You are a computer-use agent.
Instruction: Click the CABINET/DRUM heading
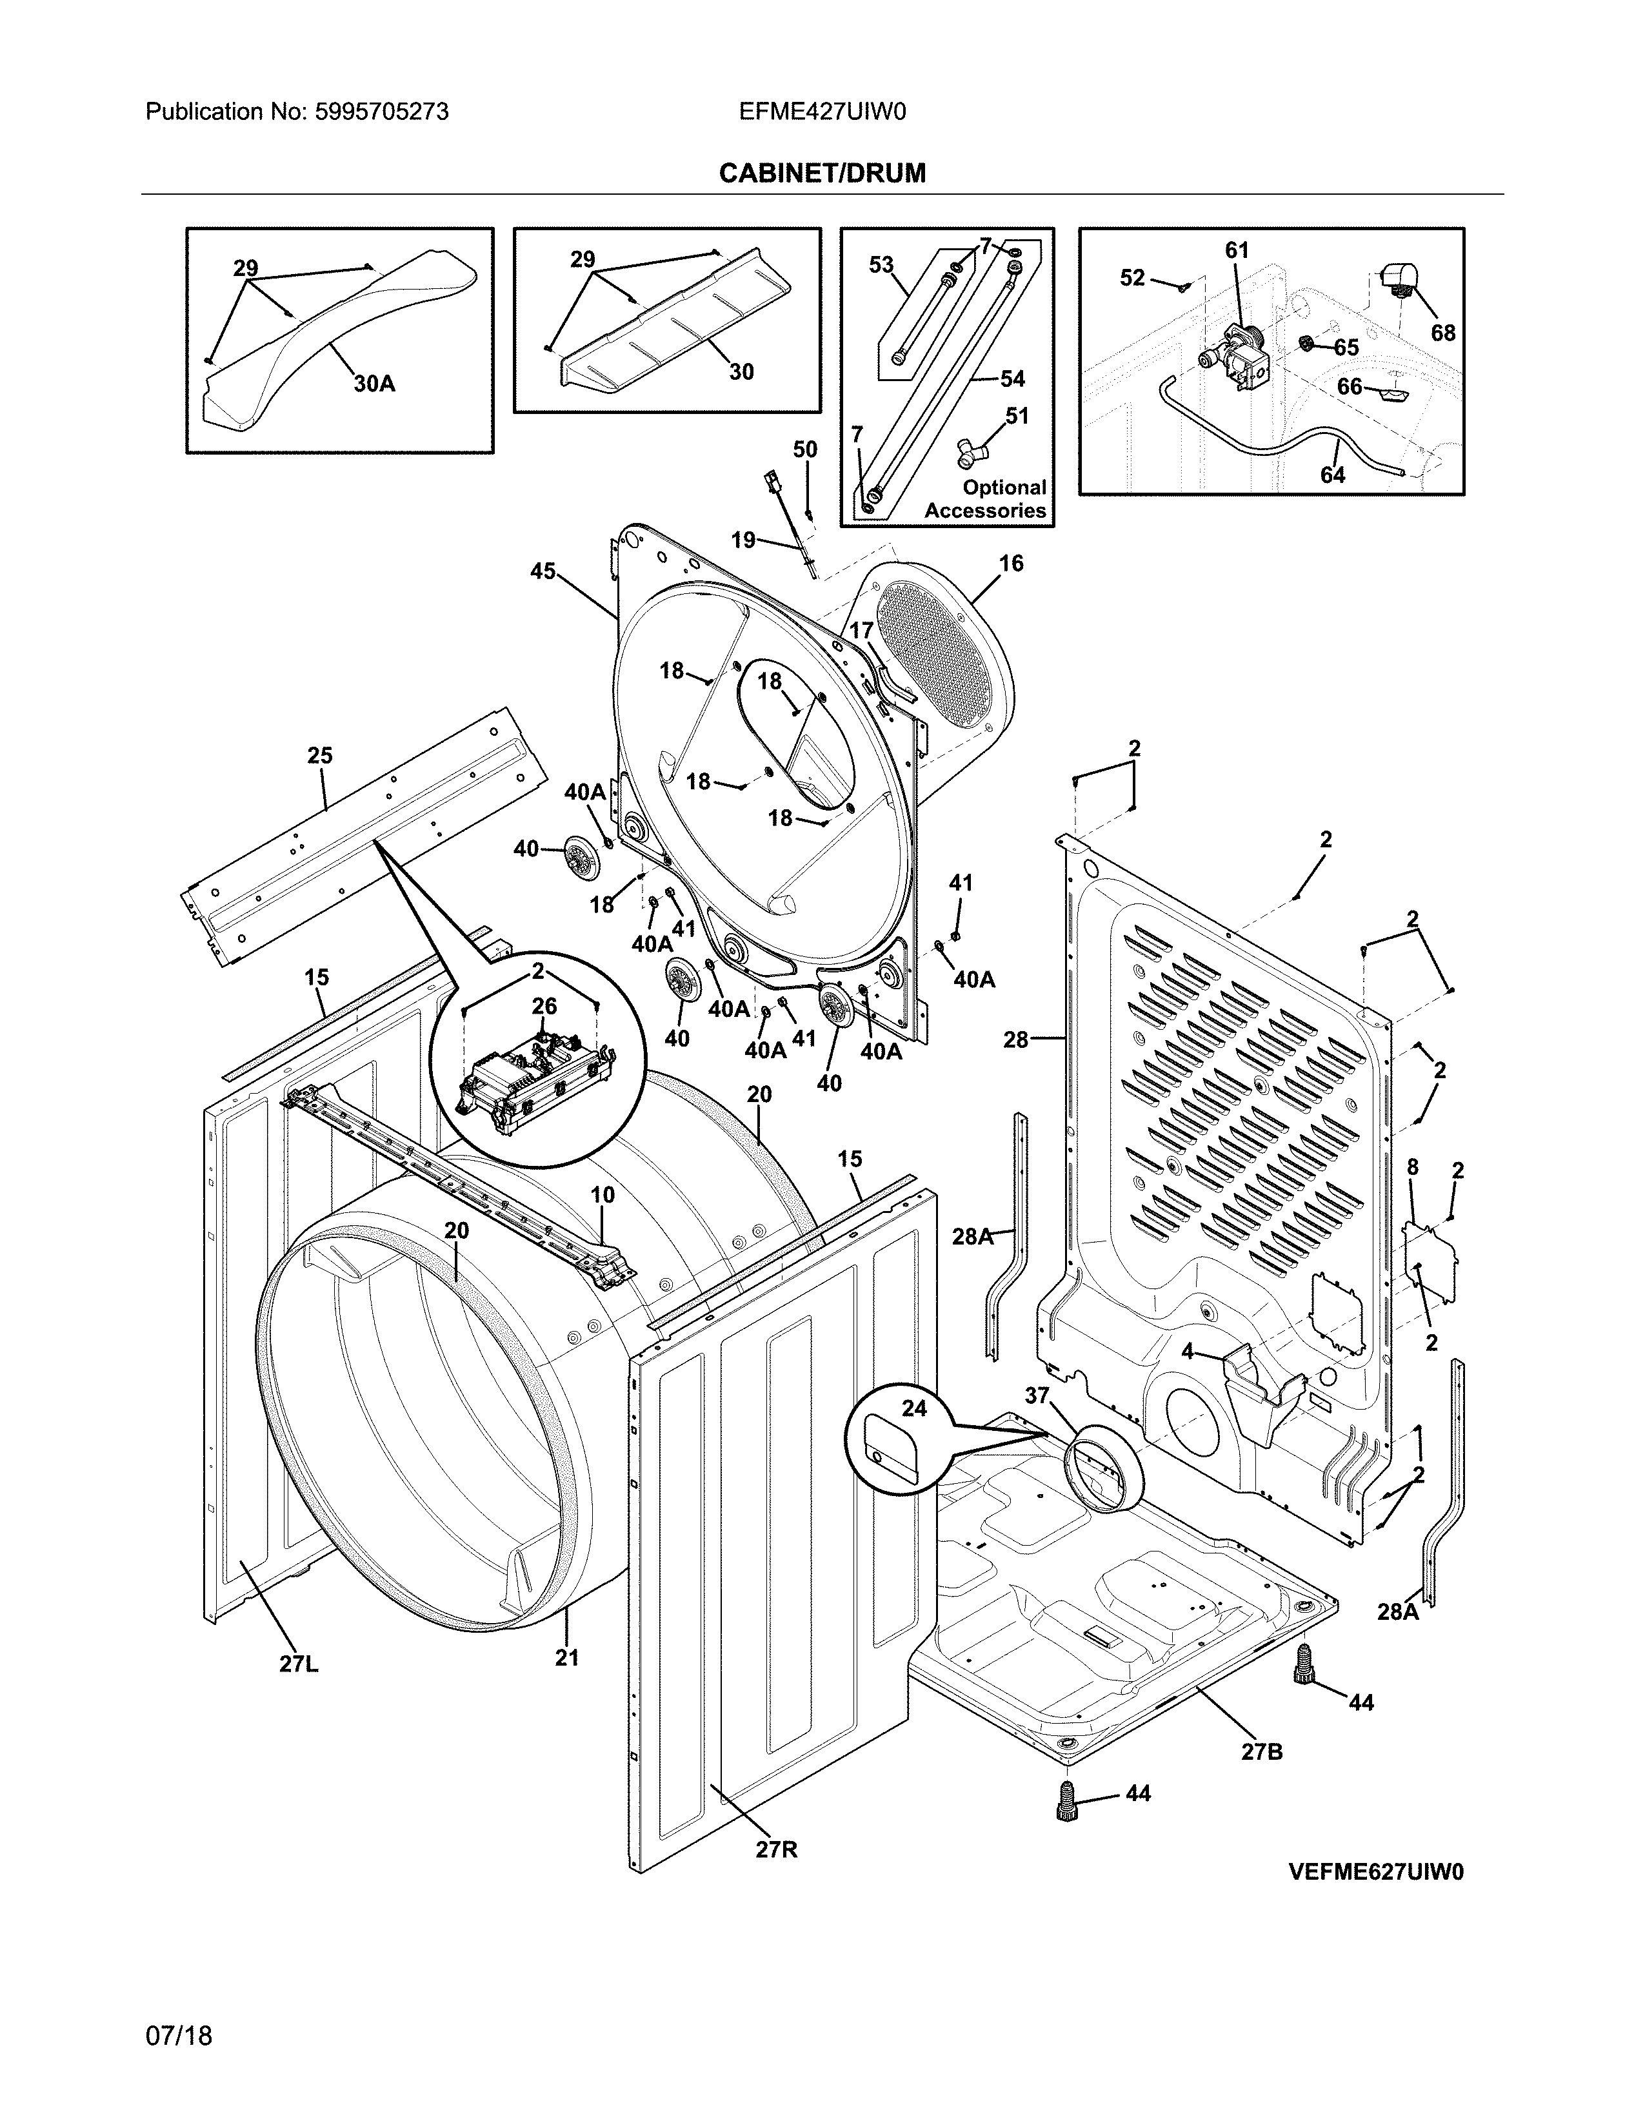point(821,173)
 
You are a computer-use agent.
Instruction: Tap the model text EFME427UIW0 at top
point(821,112)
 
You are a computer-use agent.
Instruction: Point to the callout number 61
point(1237,250)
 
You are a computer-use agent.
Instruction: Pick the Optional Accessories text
point(985,499)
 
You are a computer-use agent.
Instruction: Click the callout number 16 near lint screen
point(1011,563)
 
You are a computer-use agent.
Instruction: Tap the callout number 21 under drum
point(567,1657)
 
